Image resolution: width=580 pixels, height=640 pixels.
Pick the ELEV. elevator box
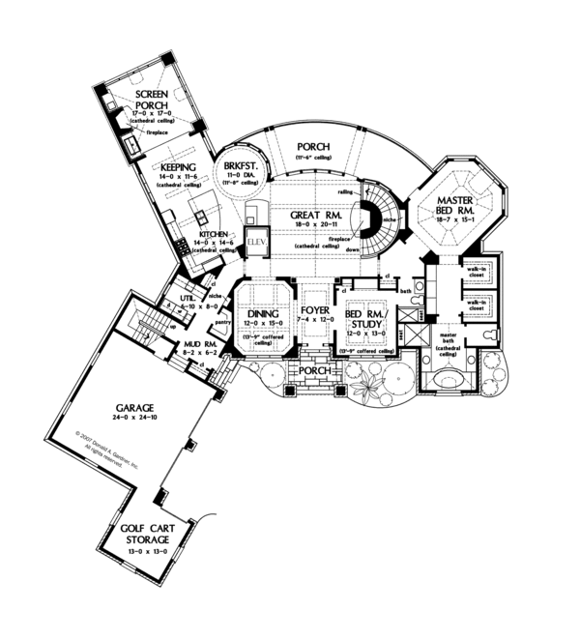click(256, 241)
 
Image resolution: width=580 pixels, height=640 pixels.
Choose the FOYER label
click(314, 312)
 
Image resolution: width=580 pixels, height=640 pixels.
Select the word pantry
click(221, 322)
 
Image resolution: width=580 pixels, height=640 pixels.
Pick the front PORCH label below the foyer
click(314, 370)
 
